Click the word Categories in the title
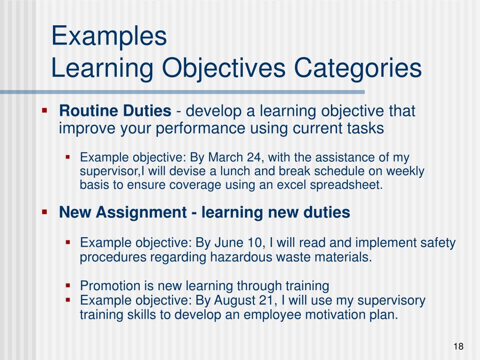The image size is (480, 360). tap(358, 68)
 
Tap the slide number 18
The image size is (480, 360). tap(458, 346)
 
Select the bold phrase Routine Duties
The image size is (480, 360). tap(115, 112)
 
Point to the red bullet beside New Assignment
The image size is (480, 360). tap(45, 212)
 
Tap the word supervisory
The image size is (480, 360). tap(391, 300)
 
